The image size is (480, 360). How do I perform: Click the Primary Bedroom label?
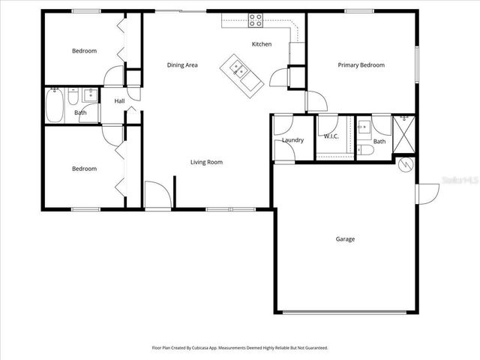click(x=361, y=65)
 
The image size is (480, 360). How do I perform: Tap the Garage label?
click(x=345, y=239)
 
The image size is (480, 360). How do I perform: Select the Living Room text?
click(x=206, y=162)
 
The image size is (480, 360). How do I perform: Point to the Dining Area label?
click(x=182, y=65)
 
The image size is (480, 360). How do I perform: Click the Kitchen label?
click(x=262, y=44)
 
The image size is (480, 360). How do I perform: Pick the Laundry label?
click(x=292, y=140)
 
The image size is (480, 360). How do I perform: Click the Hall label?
click(x=119, y=101)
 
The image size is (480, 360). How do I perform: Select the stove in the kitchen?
click(x=256, y=21)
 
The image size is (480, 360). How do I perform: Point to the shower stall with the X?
click(x=404, y=135)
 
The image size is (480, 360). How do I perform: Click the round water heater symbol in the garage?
click(x=406, y=164)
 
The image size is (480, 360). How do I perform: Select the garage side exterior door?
click(x=427, y=193)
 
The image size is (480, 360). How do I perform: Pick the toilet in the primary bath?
click(x=365, y=150)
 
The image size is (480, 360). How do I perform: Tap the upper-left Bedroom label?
click(x=84, y=51)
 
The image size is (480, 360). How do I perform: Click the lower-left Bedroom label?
click(x=84, y=169)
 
